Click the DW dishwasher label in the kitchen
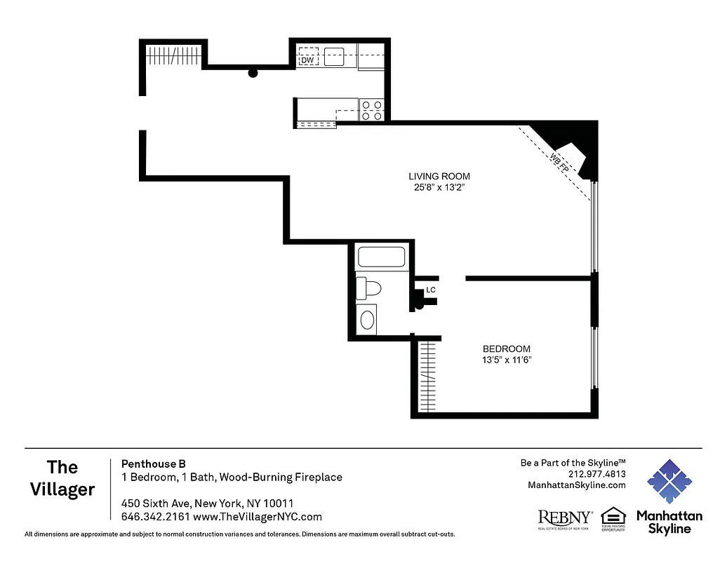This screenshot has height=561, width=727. point(307,60)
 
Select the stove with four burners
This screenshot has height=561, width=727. point(371,110)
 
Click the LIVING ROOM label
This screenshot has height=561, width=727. point(439,176)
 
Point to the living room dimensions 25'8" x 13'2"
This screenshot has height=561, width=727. point(439,188)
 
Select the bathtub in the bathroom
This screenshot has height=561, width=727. point(381,257)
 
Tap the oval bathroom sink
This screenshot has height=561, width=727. point(367,320)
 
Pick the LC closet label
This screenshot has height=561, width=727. point(431,290)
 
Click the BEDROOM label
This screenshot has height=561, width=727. point(506,349)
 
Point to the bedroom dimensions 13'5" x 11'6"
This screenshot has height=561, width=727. point(506,360)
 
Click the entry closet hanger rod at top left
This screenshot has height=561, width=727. point(174,55)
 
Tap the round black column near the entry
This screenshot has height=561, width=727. point(253,72)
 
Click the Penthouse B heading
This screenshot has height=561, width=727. point(154,464)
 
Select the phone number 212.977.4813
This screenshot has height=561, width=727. point(596,473)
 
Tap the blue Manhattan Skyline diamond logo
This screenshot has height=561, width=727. point(669,482)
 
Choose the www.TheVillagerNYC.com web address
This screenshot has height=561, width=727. point(257,517)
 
